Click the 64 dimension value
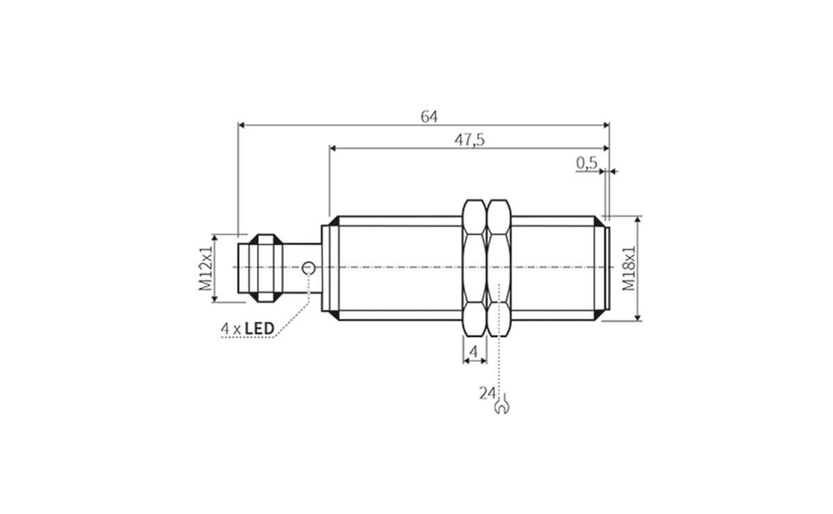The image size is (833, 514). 429,117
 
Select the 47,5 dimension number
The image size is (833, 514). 469,139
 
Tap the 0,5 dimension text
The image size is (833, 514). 587,163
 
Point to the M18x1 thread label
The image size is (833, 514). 629,268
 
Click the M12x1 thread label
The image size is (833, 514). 205,268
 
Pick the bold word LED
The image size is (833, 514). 260,328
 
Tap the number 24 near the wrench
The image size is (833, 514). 486,393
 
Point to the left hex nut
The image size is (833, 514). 474,268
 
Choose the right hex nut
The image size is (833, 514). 498,268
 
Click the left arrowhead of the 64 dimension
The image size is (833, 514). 242,126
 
